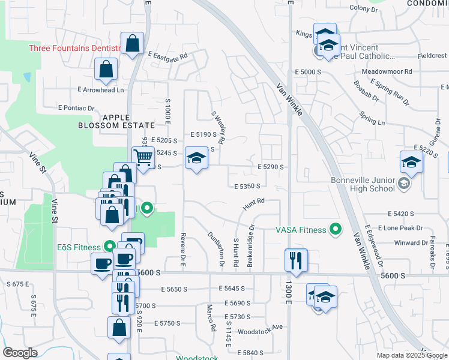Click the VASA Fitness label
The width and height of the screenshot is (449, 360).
300,229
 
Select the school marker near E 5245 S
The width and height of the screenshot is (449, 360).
196,158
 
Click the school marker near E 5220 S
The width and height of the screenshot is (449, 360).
412,162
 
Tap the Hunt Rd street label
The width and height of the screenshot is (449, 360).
254,205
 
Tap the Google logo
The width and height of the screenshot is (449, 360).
20,353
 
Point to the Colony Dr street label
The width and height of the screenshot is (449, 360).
364,9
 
